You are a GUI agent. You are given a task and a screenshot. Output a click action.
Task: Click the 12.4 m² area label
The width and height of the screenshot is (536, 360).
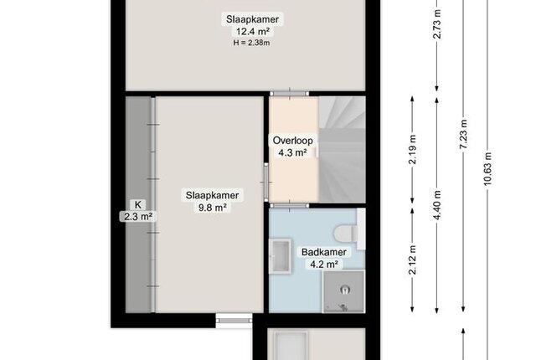(x=252, y=32)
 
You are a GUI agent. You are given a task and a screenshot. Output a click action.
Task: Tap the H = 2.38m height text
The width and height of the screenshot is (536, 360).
(x=252, y=43)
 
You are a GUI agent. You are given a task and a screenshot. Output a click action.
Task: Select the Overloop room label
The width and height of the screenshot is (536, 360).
(x=292, y=141)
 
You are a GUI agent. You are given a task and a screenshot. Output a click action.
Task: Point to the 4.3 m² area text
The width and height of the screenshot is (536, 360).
(x=292, y=152)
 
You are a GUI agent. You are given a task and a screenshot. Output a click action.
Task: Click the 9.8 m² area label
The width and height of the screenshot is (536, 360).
(x=212, y=208)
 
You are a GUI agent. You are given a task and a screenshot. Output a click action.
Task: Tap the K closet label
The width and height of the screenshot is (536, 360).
(x=137, y=205)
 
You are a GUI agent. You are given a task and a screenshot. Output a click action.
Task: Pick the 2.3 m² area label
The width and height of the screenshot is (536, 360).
(x=137, y=217)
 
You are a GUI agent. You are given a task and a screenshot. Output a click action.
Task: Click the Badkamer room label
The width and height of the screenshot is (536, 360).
(x=324, y=252)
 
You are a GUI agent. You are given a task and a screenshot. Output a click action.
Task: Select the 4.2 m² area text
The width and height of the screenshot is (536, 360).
(x=324, y=265)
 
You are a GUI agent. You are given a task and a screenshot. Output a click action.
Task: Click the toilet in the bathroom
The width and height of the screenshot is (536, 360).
(x=346, y=234)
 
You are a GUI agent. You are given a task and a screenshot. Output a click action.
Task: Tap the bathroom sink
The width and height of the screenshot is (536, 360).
(x=281, y=256)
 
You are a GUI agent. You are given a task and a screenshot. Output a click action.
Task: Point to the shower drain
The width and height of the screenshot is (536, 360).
(x=345, y=290)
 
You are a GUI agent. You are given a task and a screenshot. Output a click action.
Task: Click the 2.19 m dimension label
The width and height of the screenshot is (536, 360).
(x=413, y=150)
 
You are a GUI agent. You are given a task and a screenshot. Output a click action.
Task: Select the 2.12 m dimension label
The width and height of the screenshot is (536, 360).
(x=413, y=260)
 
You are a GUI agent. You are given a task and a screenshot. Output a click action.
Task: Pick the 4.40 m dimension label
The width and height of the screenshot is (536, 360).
(x=437, y=205)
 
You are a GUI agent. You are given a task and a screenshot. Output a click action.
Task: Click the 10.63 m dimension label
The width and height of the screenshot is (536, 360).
(x=487, y=169)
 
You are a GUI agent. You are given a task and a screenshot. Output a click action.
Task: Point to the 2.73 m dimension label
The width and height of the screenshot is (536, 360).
(x=437, y=24)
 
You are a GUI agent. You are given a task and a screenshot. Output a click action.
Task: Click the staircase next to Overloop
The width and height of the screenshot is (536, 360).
(x=343, y=150)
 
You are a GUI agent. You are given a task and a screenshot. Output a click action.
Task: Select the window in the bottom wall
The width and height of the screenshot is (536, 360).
(x=234, y=321)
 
